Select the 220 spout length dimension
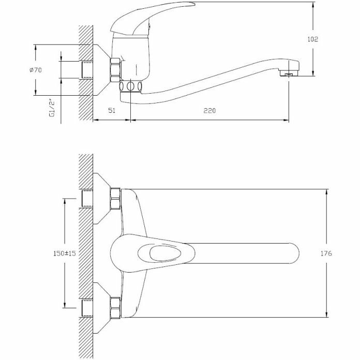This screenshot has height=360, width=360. pyautogui.click(x=209, y=111)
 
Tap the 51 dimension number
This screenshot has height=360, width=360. pyautogui.click(x=111, y=111)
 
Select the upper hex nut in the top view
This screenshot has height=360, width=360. pyautogui.click(x=115, y=197)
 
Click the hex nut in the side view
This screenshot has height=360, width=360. pyautogui.click(x=115, y=70)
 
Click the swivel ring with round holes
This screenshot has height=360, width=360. pyautogui.click(x=131, y=86)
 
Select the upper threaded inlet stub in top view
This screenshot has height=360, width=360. pyautogui.click(x=87, y=198)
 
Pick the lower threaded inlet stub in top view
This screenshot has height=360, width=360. pyautogui.click(x=87, y=308)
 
